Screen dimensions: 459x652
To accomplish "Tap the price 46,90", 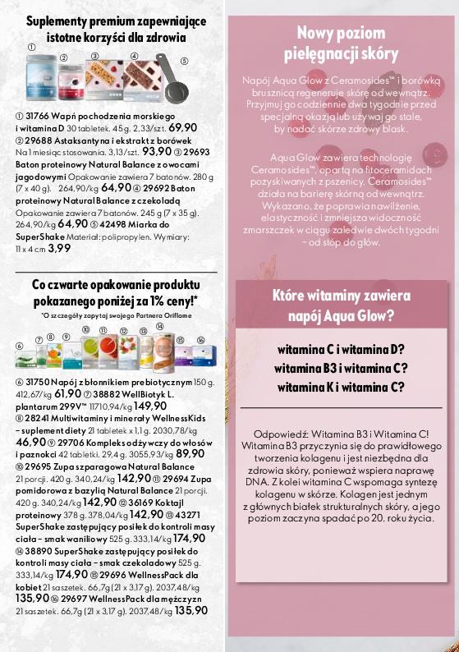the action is coord(30,441).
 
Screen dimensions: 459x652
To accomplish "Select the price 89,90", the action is coord(190,452).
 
